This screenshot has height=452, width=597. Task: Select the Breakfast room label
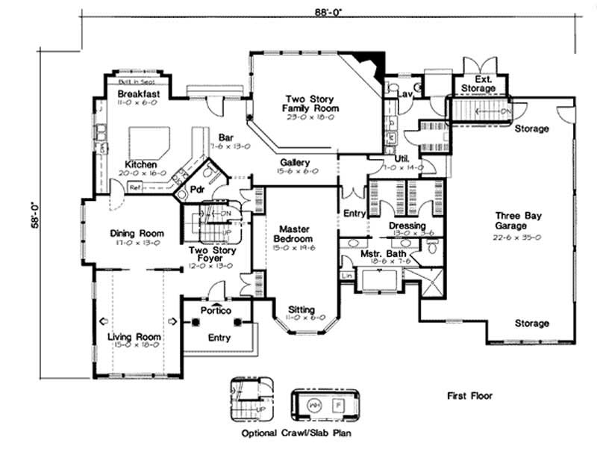(140, 94)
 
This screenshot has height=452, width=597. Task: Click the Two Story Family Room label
(310, 104)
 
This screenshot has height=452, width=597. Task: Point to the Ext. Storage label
(478, 84)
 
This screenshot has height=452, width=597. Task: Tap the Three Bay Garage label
(516, 220)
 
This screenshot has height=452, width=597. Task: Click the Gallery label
(296, 162)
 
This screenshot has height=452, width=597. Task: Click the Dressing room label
(407, 226)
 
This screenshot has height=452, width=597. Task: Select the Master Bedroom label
(295, 233)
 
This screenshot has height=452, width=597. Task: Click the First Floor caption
(470, 396)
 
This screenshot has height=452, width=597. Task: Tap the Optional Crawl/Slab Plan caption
(296, 433)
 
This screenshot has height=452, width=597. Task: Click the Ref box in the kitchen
(135, 188)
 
